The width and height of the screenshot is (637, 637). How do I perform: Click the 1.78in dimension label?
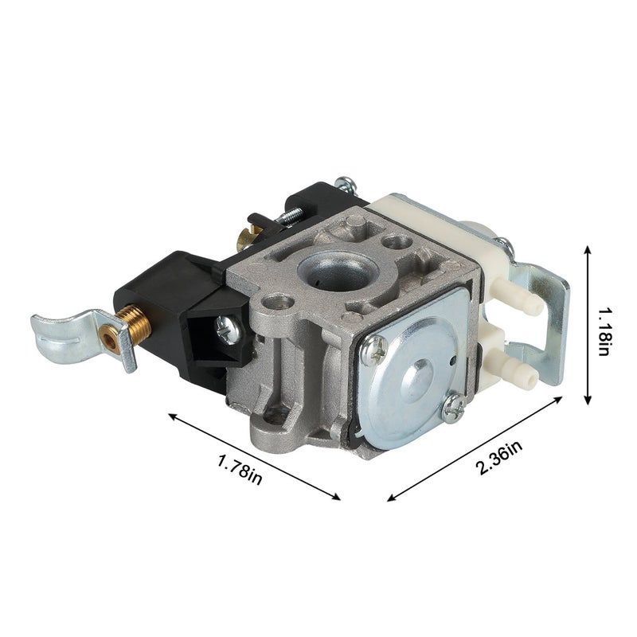(x=240, y=470)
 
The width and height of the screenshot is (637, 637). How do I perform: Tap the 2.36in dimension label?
(x=499, y=458)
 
